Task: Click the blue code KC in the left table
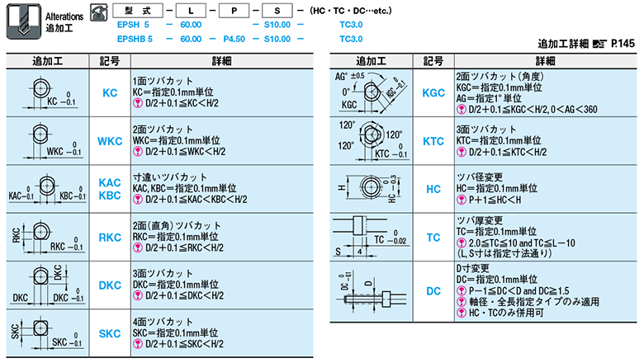coord(110,94)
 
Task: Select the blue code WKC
coord(110,141)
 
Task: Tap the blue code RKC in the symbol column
coord(110,237)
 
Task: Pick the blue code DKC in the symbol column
coord(110,285)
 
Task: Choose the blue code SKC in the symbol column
coord(110,332)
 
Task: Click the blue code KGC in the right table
coord(433,94)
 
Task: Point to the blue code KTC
coord(433,141)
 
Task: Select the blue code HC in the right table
coord(433,189)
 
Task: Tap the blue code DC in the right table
coord(433,291)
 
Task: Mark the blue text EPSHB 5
coord(135,38)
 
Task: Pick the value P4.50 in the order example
coord(234,38)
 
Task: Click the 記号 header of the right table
coord(433,61)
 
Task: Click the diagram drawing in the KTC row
coord(371,141)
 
